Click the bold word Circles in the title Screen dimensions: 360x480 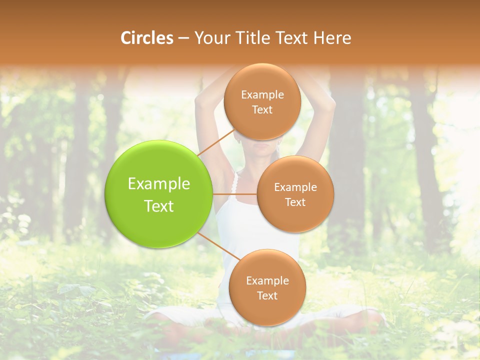pyautogui.click(x=146, y=38)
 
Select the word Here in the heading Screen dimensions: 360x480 pyautogui.click(x=332, y=38)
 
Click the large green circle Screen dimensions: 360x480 pyautogui.click(x=158, y=194)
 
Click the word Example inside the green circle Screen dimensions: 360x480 pyautogui.click(x=159, y=184)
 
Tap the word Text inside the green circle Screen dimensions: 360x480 pyautogui.click(x=159, y=206)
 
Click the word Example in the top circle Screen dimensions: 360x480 pyautogui.click(x=262, y=95)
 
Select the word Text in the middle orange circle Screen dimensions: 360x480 pyautogui.click(x=295, y=202)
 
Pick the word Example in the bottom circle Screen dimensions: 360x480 pyautogui.click(x=267, y=281)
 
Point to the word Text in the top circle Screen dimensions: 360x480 pyautogui.click(x=262, y=110)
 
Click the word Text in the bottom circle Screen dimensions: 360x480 pyautogui.click(x=267, y=296)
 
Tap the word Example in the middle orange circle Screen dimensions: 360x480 pyautogui.click(x=295, y=187)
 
